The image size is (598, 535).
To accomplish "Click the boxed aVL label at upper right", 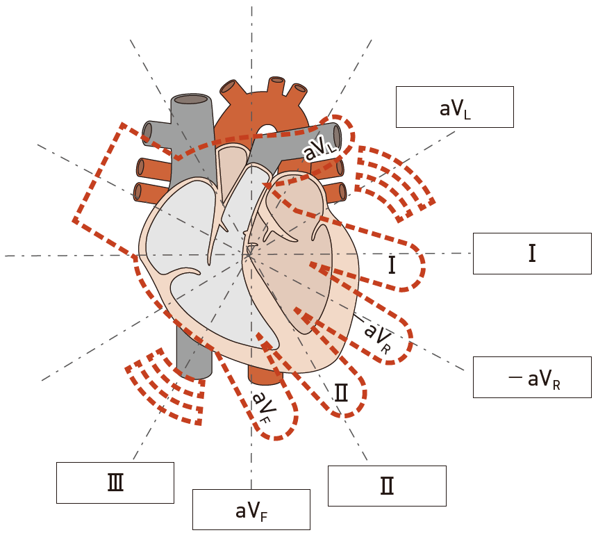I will pyautogui.click(x=454, y=107).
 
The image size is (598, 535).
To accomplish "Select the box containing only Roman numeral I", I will pyautogui.click(x=531, y=254).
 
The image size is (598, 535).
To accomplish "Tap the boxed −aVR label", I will pyautogui.click(x=531, y=377).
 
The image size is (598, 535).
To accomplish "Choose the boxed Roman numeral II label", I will pyautogui.click(x=386, y=486).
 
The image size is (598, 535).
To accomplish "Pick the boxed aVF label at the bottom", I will pyautogui.click(x=251, y=510).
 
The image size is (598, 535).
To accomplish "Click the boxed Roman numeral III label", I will pyautogui.click(x=115, y=482).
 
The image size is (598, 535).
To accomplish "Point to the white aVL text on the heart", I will pyautogui.click(x=319, y=148).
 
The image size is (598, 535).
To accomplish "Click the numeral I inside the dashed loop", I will pyautogui.click(x=392, y=265).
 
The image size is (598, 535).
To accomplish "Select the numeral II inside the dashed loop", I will pyautogui.click(x=341, y=393).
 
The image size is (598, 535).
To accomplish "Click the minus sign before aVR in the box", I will pyautogui.click(x=515, y=378).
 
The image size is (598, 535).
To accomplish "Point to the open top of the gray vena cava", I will pyautogui.click(x=190, y=99).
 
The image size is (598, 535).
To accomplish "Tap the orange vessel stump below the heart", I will pyautogui.click(x=265, y=374).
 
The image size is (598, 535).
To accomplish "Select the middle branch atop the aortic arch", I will pyautogui.click(x=276, y=85).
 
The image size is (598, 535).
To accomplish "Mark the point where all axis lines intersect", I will pyautogui.click(x=251, y=255).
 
